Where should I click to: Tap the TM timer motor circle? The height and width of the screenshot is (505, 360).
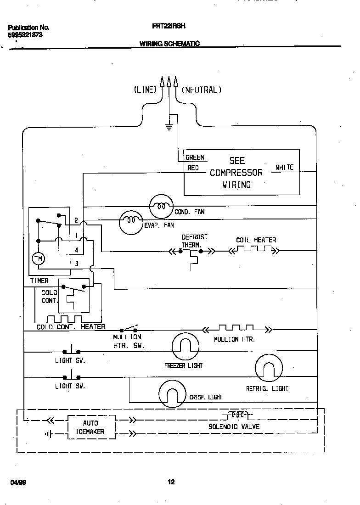38,259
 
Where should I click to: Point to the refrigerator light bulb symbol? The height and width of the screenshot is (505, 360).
269,368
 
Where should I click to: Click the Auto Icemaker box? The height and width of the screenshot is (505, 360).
90,427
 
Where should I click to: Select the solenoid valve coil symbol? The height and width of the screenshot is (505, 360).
237,415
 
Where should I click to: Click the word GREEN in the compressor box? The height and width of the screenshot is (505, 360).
195,157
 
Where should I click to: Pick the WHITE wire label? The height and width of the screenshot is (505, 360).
284,168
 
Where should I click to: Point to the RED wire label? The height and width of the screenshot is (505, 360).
193,168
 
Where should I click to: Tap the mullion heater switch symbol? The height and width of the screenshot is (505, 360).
129,329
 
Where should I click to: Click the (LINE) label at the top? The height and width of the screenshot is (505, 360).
145,90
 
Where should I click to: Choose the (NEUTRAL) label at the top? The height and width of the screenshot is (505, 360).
202,90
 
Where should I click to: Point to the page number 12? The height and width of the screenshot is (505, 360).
171,482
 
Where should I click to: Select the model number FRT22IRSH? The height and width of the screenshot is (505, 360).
169,27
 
